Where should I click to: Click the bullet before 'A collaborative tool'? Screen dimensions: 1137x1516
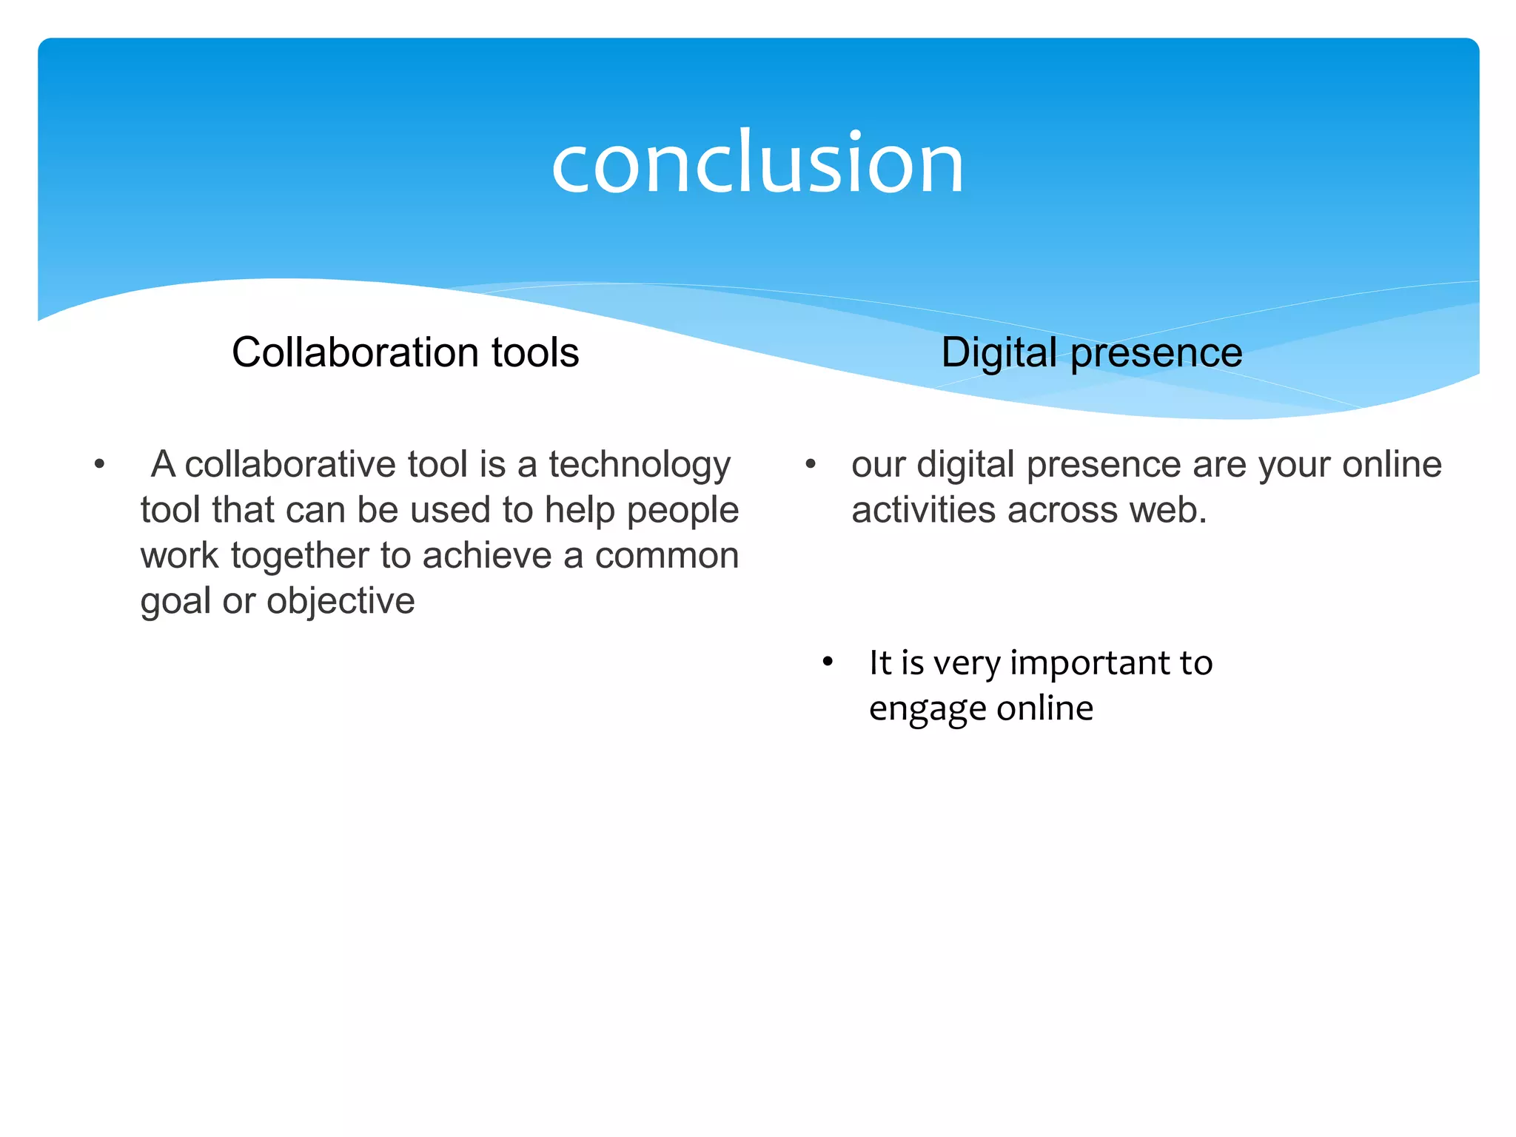point(99,466)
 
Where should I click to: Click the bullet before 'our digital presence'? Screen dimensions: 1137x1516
point(811,466)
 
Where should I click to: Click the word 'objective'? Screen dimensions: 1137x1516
point(341,602)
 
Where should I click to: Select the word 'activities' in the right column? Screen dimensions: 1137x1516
point(922,511)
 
